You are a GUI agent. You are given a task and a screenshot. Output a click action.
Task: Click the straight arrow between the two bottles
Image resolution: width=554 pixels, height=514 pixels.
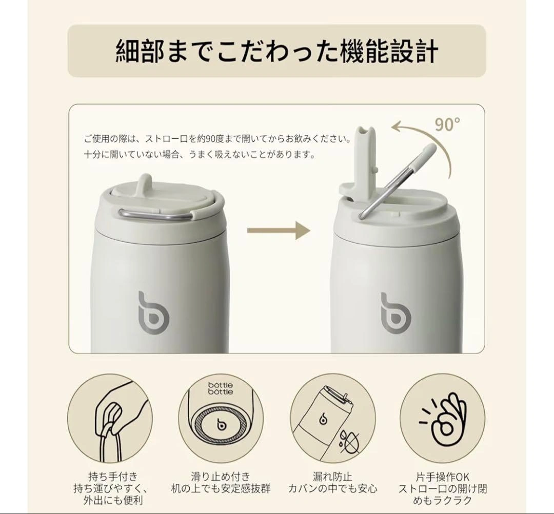coord(279,231)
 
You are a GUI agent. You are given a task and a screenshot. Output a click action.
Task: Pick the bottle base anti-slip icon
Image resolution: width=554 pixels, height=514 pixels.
coord(221,418)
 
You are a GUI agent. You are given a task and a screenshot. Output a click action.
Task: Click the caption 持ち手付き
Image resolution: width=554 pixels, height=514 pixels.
coord(113,477)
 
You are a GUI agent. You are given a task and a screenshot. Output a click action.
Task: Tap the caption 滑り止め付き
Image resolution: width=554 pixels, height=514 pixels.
coord(221,477)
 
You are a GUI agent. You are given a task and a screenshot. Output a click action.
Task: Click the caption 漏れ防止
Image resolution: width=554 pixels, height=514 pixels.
coord(332,477)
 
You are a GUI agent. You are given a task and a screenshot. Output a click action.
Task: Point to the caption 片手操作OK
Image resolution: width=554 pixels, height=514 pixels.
coord(443,477)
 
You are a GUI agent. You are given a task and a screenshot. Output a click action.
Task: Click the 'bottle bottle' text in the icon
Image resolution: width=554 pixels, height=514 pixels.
coord(221,388)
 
